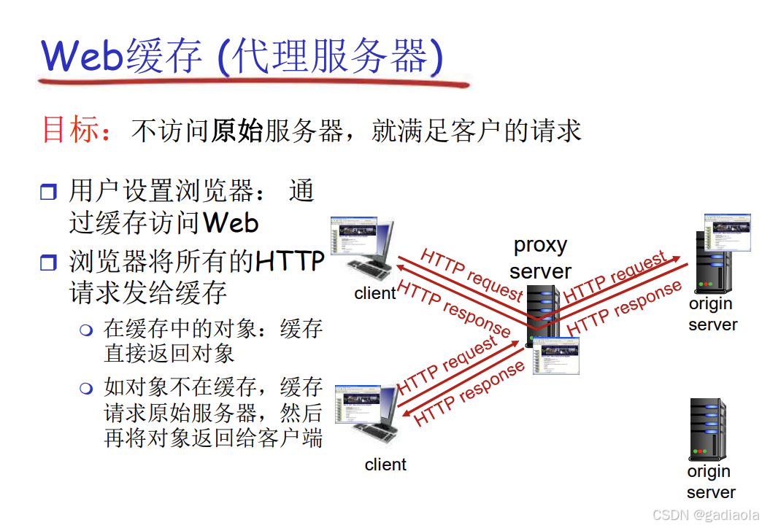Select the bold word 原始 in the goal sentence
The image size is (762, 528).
[236, 131]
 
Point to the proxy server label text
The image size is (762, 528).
[540, 257]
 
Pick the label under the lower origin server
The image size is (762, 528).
[710, 481]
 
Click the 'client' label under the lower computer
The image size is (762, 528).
[385, 465]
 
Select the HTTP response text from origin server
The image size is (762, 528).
[624, 308]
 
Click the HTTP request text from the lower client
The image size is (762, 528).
[447, 367]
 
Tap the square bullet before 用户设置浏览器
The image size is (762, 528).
[48, 193]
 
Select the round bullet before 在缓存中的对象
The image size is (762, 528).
[87, 330]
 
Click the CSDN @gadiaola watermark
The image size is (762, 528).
[705, 515]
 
